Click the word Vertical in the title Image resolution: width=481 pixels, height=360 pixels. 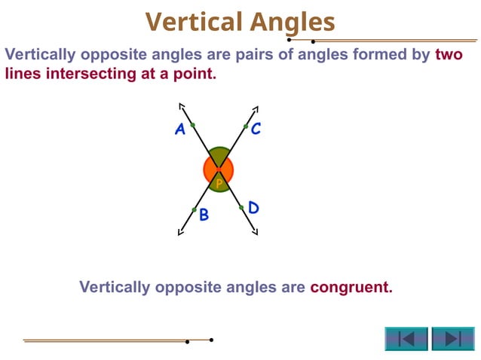191,22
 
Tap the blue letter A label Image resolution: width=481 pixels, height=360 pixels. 179,130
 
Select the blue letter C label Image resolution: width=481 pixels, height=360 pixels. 256,130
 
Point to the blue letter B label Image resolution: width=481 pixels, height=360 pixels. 204,216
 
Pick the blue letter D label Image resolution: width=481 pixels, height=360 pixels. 253,208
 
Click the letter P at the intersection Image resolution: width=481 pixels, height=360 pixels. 219,183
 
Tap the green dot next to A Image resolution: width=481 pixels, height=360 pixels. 193,125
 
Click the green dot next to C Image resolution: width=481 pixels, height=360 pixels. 246,126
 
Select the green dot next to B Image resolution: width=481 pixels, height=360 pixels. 195,209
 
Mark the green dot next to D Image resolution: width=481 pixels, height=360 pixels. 241,207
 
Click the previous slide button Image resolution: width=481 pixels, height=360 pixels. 406,339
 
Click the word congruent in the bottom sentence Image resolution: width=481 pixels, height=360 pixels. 351,287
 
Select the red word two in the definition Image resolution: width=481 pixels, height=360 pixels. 449,55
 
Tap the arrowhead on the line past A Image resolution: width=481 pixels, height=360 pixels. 181,105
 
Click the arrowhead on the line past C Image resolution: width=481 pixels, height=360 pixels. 256,108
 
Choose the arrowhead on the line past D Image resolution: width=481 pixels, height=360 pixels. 255,232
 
